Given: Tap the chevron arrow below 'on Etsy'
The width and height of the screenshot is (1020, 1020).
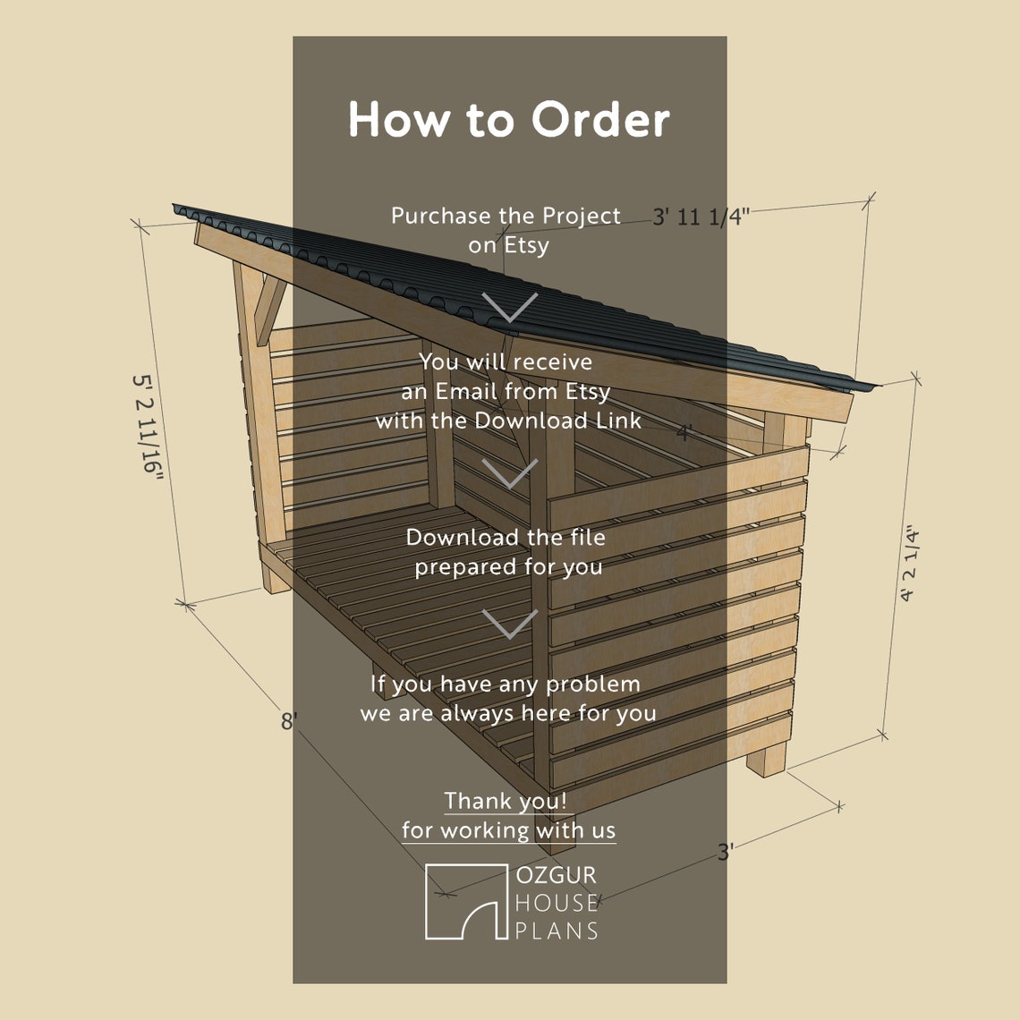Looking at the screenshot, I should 510,306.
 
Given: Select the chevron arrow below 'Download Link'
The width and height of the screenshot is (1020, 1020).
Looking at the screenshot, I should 510,472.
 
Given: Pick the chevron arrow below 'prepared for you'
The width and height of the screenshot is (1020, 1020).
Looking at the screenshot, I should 510,624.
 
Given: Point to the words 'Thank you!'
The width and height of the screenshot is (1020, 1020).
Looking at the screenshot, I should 506,801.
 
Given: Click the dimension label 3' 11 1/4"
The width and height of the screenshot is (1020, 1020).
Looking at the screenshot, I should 700,217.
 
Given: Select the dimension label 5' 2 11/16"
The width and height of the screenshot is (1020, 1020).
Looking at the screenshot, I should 149,427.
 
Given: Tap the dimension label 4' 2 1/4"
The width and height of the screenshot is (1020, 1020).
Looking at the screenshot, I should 909,564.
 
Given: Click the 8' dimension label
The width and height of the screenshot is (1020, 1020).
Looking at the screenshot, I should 288,721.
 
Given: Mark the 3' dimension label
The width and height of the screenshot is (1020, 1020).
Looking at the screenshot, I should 725,852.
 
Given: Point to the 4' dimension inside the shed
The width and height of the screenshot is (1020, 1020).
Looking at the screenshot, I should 684,434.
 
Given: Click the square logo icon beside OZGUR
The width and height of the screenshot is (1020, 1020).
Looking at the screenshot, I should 465,901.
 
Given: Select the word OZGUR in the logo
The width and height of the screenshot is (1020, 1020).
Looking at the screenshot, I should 556,875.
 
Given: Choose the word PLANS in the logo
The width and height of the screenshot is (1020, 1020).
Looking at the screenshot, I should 556,931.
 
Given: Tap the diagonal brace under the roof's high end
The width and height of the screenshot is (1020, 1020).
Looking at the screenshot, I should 268,309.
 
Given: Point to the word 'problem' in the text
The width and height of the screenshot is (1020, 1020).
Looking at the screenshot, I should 593,684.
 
